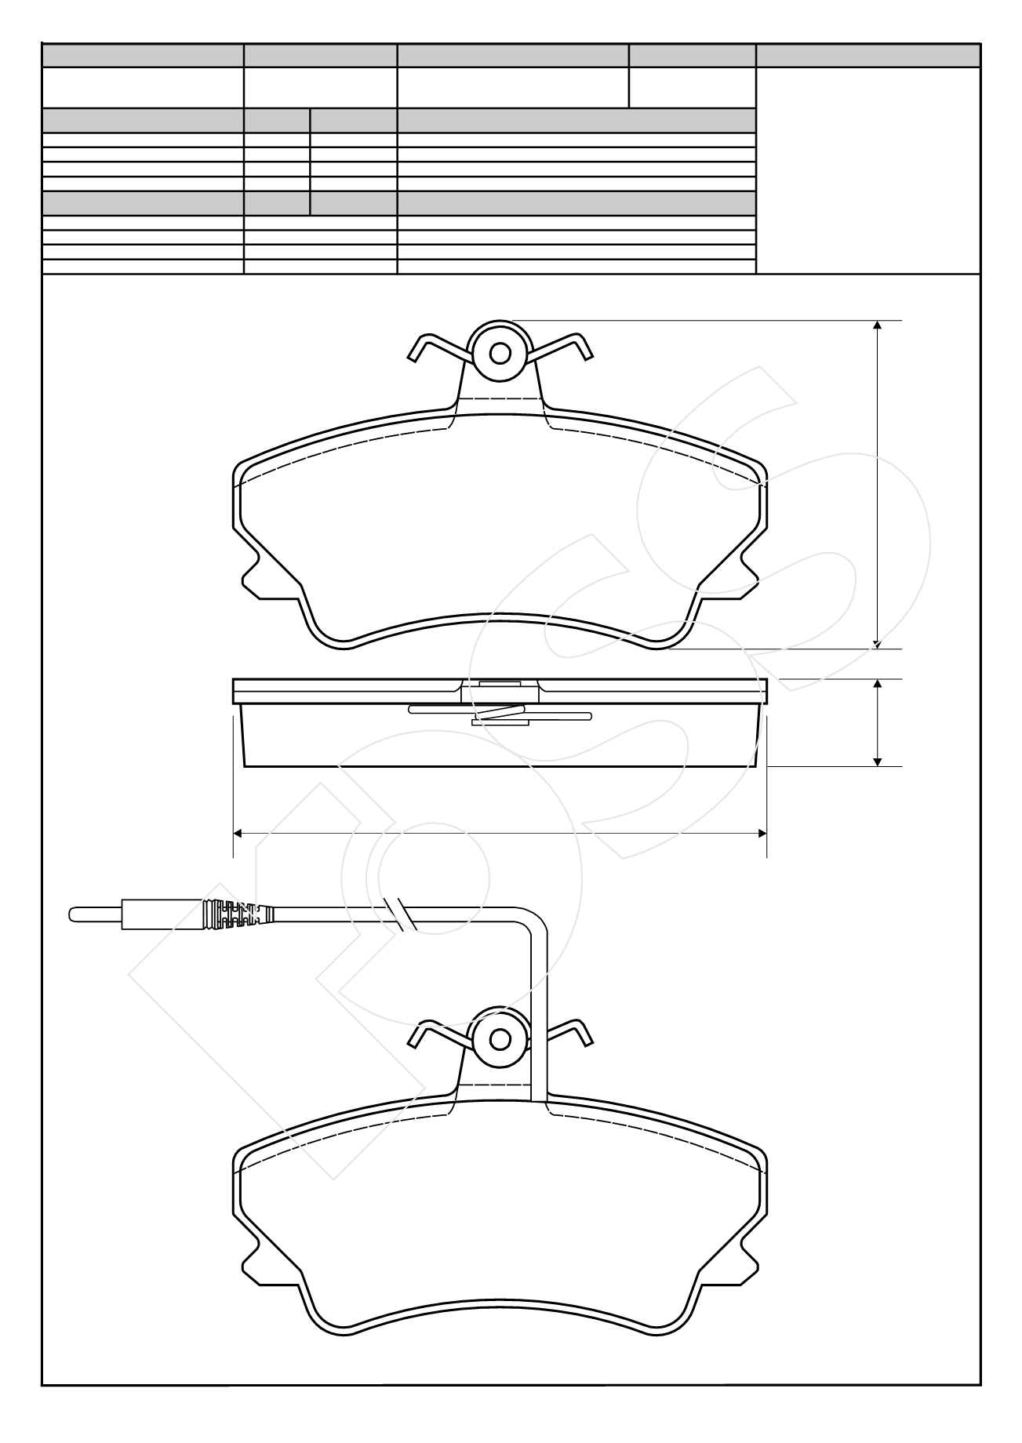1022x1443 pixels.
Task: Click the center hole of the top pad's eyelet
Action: [x=500, y=353]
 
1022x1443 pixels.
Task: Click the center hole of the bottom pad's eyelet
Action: [x=500, y=1039]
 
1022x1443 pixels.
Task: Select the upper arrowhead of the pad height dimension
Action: [x=877, y=326]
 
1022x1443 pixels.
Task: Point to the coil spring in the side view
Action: [x=500, y=714]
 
